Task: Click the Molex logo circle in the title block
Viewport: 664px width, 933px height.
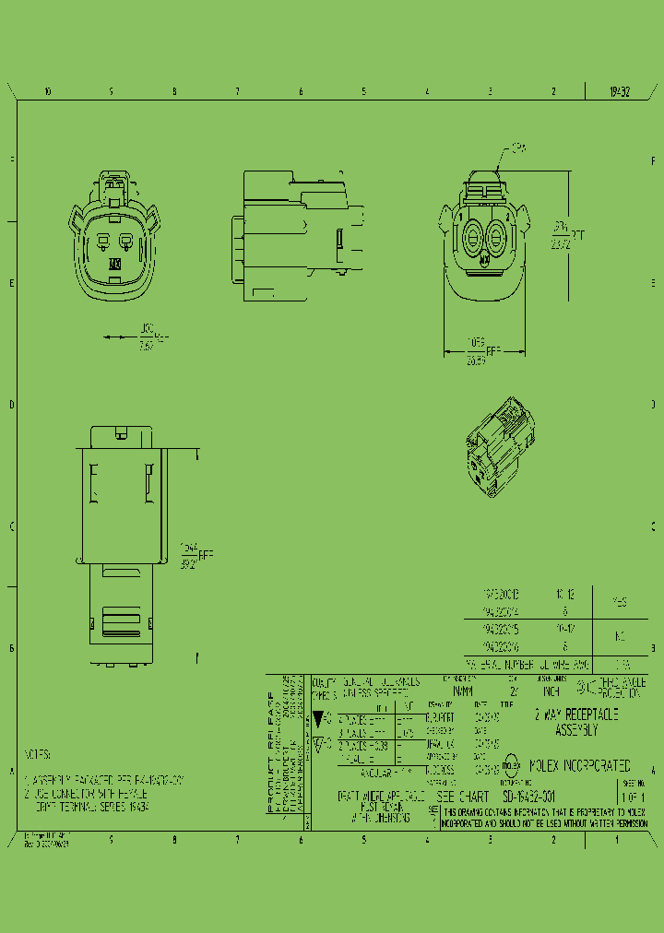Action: tap(510, 765)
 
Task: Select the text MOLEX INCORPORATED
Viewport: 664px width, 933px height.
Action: tap(578, 765)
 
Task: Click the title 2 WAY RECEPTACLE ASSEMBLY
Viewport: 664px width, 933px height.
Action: tap(576, 722)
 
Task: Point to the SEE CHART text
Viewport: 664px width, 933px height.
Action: tap(462, 795)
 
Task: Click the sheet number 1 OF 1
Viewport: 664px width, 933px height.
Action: tap(632, 797)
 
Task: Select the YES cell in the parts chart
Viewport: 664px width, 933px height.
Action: tap(620, 602)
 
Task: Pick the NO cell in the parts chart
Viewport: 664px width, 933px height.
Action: tap(620, 635)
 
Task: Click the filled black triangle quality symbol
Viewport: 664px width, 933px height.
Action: tap(319, 716)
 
